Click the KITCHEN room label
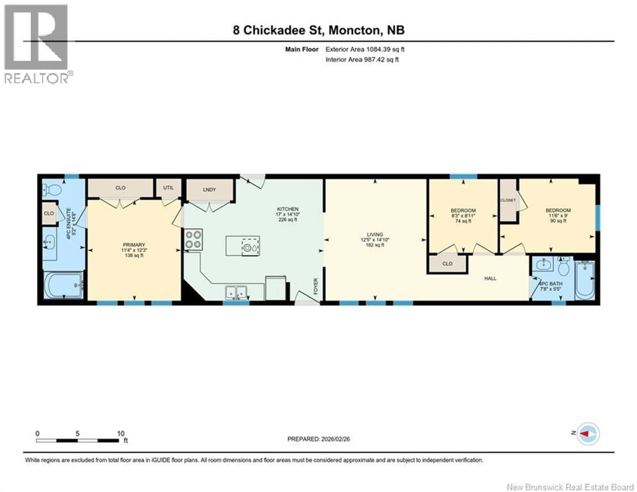tap(288, 209)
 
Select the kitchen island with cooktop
tap(243, 246)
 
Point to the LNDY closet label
tap(209, 190)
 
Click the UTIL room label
tap(168, 188)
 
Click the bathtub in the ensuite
tap(63, 285)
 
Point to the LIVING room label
tap(375, 234)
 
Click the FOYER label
tap(316, 286)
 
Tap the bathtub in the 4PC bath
tap(585, 280)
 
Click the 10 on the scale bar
tap(120, 434)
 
